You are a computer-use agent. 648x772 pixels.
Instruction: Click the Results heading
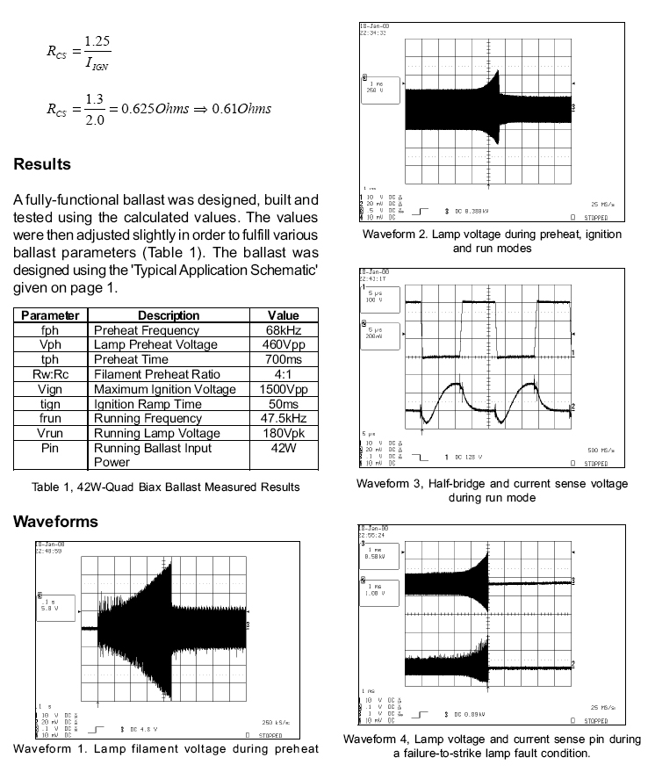pos(42,164)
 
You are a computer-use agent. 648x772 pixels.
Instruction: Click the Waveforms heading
pos(55,522)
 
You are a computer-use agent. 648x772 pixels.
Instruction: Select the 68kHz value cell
pos(284,330)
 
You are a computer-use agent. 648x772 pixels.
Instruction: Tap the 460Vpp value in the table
pos(284,345)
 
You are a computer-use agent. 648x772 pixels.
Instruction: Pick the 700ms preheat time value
pos(284,359)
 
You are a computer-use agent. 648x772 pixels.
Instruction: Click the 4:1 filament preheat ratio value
pos(284,374)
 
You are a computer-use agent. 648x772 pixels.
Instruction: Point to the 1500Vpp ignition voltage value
pos(284,389)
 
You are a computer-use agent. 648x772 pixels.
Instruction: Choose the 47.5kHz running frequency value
pos(284,418)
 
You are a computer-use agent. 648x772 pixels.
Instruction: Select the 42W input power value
pos(284,447)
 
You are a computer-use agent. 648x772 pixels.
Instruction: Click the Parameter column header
pos(50,315)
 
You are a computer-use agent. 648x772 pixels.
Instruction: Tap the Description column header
pos(169,315)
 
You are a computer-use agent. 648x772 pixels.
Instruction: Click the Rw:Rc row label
pos(50,374)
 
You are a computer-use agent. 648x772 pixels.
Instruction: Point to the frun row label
pos(50,418)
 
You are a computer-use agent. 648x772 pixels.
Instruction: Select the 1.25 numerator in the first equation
pos(97,41)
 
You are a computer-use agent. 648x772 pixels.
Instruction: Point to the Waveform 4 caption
pos(492,746)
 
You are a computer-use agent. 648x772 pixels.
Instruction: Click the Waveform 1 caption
pos(165,748)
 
